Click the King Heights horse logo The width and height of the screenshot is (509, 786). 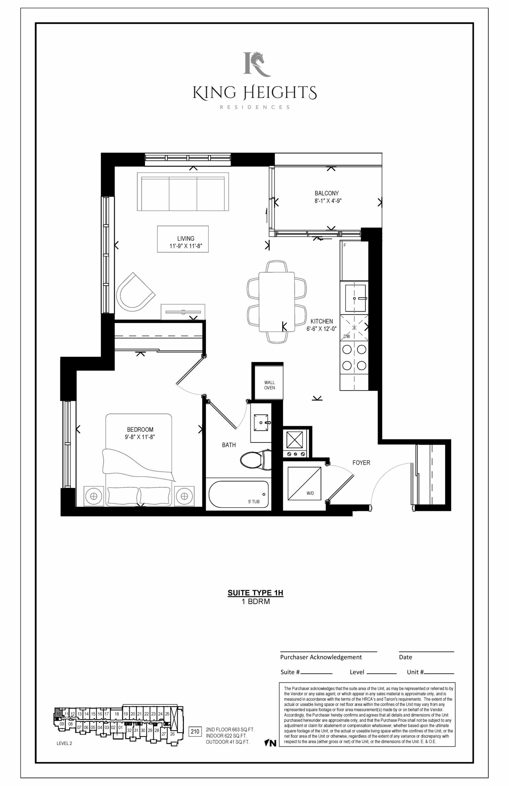point(257,64)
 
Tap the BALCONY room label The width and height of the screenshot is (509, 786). point(326,193)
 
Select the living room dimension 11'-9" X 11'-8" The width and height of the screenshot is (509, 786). point(186,246)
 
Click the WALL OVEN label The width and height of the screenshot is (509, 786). point(269,385)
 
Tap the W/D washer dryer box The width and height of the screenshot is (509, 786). point(304,483)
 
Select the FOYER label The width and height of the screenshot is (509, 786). point(361,463)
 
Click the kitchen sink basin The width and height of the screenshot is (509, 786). point(355,298)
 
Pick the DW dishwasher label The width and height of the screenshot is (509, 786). point(346,337)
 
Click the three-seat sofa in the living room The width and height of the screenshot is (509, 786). point(183,191)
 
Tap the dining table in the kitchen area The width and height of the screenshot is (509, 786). point(277,301)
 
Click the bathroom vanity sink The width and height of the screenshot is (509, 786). point(261,422)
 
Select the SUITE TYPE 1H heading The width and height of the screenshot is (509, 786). point(255,592)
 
